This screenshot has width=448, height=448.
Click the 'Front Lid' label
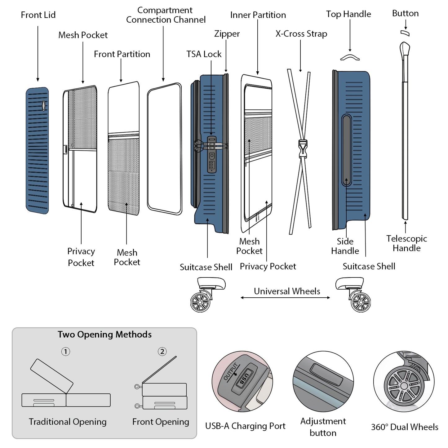(x=38, y=15)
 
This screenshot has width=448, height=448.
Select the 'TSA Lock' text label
(x=204, y=54)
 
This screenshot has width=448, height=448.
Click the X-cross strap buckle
(x=302, y=147)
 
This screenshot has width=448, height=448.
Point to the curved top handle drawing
(x=350, y=57)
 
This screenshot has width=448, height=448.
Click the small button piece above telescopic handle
(x=405, y=33)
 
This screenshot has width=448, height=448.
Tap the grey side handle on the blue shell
(x=346, y=150)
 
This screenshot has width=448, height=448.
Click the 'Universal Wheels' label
(x=287, y=291)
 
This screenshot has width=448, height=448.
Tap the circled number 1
(x=65, y=352)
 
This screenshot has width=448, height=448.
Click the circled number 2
(x=162, y=351)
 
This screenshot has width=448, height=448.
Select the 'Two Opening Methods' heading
(x=104, y=335)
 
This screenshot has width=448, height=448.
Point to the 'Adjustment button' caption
(x=323, y=427)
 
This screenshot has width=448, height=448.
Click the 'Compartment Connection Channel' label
(x=166, y=15)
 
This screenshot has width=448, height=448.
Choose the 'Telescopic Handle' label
(x=406, y=243)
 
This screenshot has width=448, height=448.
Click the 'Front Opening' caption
(x=161, y=422)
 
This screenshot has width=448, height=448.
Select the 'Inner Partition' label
(x=258, y=15)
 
